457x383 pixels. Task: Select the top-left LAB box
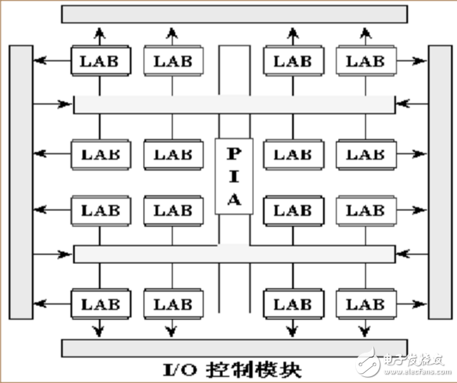(100, 61)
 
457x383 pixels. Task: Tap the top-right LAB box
(365, 61)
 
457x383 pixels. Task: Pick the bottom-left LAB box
(100, 303)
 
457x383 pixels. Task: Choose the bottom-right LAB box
(365, 303)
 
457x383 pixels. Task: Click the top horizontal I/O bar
(234, 14)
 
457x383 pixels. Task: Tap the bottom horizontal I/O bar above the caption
(234, 347)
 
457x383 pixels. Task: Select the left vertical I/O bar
(21, 182)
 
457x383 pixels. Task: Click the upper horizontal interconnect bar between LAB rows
(234, 104)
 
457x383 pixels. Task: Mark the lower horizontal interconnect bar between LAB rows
(234, 254)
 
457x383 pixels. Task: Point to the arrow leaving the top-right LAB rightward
(412, 61)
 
